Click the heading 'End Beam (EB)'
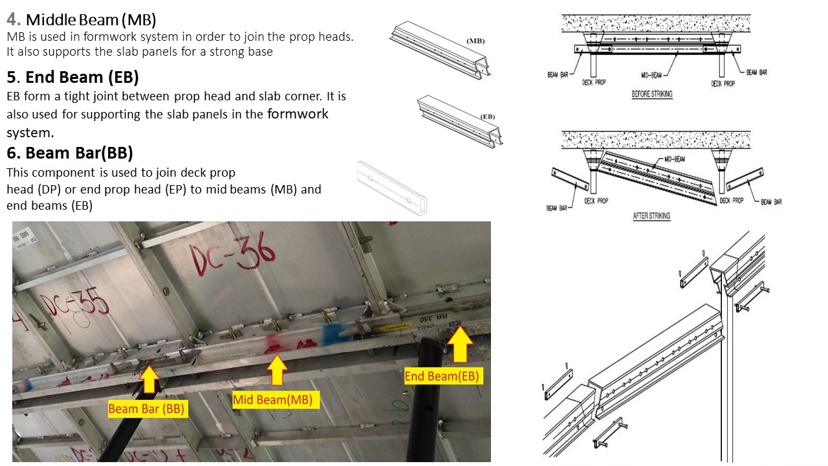coord(82,78)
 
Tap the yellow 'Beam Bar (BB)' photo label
coord(146,409)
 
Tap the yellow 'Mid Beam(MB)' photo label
coord(272,400)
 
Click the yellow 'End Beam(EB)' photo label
coord(442,376)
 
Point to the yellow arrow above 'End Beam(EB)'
coord(460,345)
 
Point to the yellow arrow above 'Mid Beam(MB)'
coord(277,371)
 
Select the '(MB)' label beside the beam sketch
coord(475,41)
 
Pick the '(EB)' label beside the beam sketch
coord(488,116)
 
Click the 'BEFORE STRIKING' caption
coord(651,94)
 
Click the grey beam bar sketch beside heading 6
coord(393,188)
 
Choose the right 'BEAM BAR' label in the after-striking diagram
coord(770,202)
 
